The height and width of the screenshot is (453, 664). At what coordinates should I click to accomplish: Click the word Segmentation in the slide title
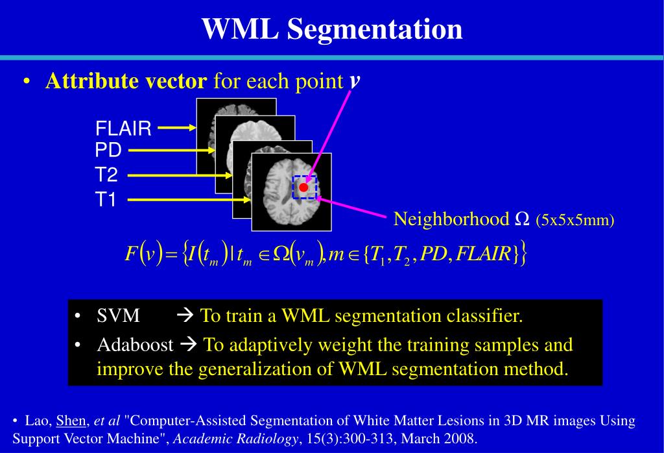pos(374,30)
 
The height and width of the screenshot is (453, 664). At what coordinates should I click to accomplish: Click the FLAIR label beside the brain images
pos(123,129)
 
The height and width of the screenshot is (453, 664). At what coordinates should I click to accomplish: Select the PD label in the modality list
pos(108,151)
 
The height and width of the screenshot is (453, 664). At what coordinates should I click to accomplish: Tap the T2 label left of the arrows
pos(107,175)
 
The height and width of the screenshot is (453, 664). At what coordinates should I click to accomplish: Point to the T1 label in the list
pos(106,200)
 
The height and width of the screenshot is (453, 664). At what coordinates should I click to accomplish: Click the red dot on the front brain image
pos(303,188)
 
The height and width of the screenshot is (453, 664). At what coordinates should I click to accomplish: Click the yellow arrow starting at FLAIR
pos(176,128)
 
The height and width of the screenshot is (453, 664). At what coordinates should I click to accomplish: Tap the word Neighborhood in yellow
pos(451,219)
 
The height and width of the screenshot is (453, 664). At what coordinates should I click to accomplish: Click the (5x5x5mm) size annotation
pos(575,220)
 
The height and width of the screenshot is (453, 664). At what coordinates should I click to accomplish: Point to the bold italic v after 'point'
pos(355,80)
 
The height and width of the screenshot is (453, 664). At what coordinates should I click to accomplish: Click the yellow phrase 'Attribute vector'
pos(126,81)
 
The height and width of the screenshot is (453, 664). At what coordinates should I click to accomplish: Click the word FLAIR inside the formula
pos(484,253)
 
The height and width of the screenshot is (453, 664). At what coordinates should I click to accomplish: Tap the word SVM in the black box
pos(118,316)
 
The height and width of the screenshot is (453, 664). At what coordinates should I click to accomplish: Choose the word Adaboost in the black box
pos(135,344)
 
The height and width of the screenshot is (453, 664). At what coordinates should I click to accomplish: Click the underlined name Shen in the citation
pos(71,421)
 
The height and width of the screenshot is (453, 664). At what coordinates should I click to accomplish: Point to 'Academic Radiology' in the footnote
pos(236,439)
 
